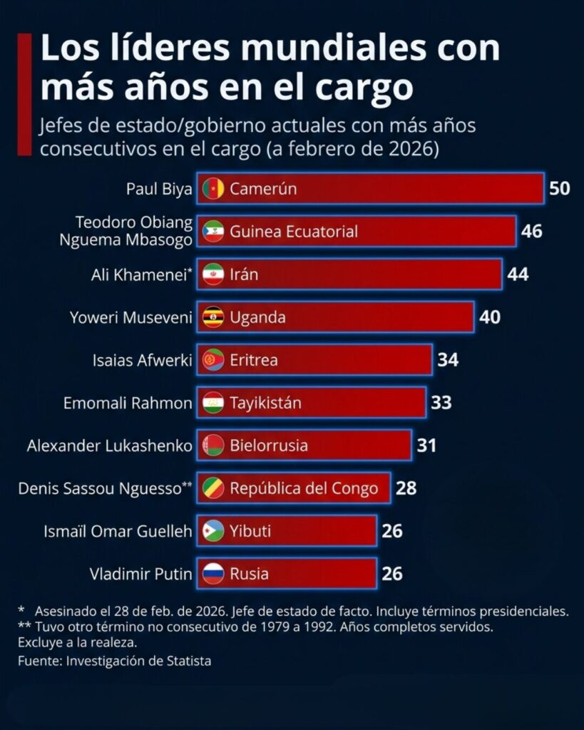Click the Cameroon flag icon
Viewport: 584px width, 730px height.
click(213, 189)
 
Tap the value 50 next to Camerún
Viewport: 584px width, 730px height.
click(559, 189)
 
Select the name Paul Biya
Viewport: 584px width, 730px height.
click(159, 189)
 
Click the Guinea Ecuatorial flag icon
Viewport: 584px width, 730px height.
click(213, 232)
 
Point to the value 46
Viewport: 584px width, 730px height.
click(531, 232)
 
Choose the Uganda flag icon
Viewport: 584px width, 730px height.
click(213, 317)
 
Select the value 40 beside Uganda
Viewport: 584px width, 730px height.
click(490, 317)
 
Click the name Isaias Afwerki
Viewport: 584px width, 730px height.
click(143, 360)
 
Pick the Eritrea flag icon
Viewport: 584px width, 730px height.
click(213, 360)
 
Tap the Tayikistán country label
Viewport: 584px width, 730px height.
click(265, 403)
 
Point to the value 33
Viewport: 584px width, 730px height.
click(441, 403)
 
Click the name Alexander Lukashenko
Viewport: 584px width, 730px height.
click(110, 446)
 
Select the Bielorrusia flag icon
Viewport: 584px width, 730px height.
click(213, 446)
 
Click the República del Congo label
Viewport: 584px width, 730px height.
click(304, 488)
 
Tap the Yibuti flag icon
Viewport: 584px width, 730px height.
click(213, 531)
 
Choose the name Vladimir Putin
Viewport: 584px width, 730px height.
click(141, 574)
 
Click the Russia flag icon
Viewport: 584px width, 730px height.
click(213, 574)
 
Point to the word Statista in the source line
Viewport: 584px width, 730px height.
click(188, 661)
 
